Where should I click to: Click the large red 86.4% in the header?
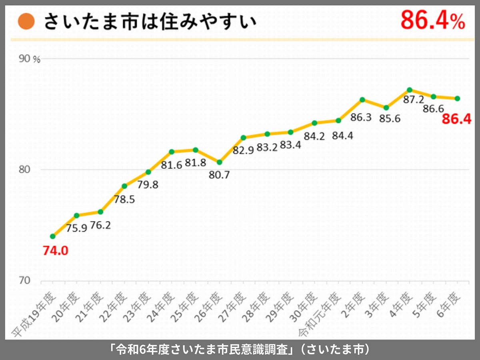coord(433,20)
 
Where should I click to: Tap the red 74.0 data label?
coord(56,251)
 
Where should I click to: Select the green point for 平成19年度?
coord(52,236)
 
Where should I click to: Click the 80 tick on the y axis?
coord(25,170)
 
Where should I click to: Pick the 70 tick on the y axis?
coord(25,281)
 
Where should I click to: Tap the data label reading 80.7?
coord(219,175)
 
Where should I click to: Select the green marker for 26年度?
coord(219,162)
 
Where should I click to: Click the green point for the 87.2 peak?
coord(410,90)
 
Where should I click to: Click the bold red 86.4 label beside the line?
coord(457,119)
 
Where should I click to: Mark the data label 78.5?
coord(124,199)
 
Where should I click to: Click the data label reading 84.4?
coord(342,136)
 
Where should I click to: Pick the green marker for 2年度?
coord(362,100)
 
